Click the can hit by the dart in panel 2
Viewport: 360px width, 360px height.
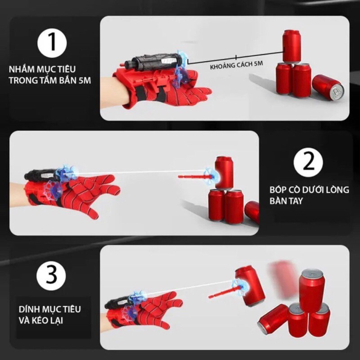tap(224, 172)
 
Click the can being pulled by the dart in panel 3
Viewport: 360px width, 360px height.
tap(249, 285)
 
